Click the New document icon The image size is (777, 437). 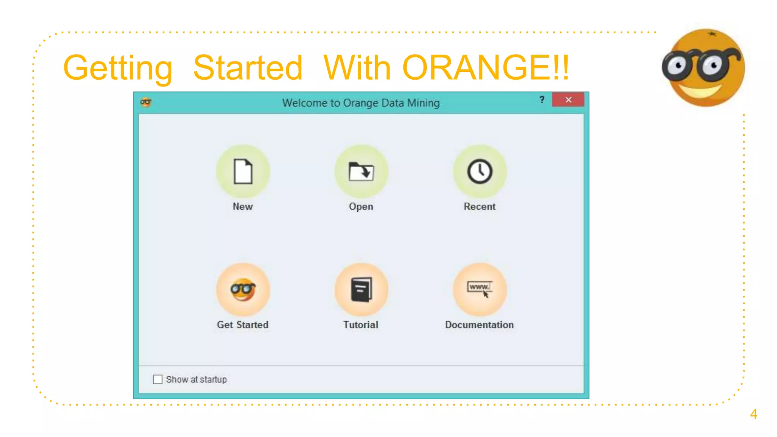click(x=243, y=171)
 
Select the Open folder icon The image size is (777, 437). click(x=361, y=171)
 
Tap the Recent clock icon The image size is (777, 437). click(x=480, y=171)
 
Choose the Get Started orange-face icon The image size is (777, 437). click(x=243, y=290)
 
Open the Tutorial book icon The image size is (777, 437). click(x=361, y=290)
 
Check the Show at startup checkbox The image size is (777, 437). click(x=158, y=379)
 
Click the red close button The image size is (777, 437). click(x=568, y=100)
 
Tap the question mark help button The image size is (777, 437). click(x=542, y=100)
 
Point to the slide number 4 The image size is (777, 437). click(x=753, y=414)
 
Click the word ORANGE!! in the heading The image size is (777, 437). click(x=486, y=68)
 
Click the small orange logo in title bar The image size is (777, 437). click(x=146, y=102)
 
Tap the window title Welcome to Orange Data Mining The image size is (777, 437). click(x=361, y=103)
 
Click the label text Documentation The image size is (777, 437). click(x=479, y=325)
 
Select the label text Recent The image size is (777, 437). click(x=480, y=206)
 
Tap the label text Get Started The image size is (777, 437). click(x=243, y=325)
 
